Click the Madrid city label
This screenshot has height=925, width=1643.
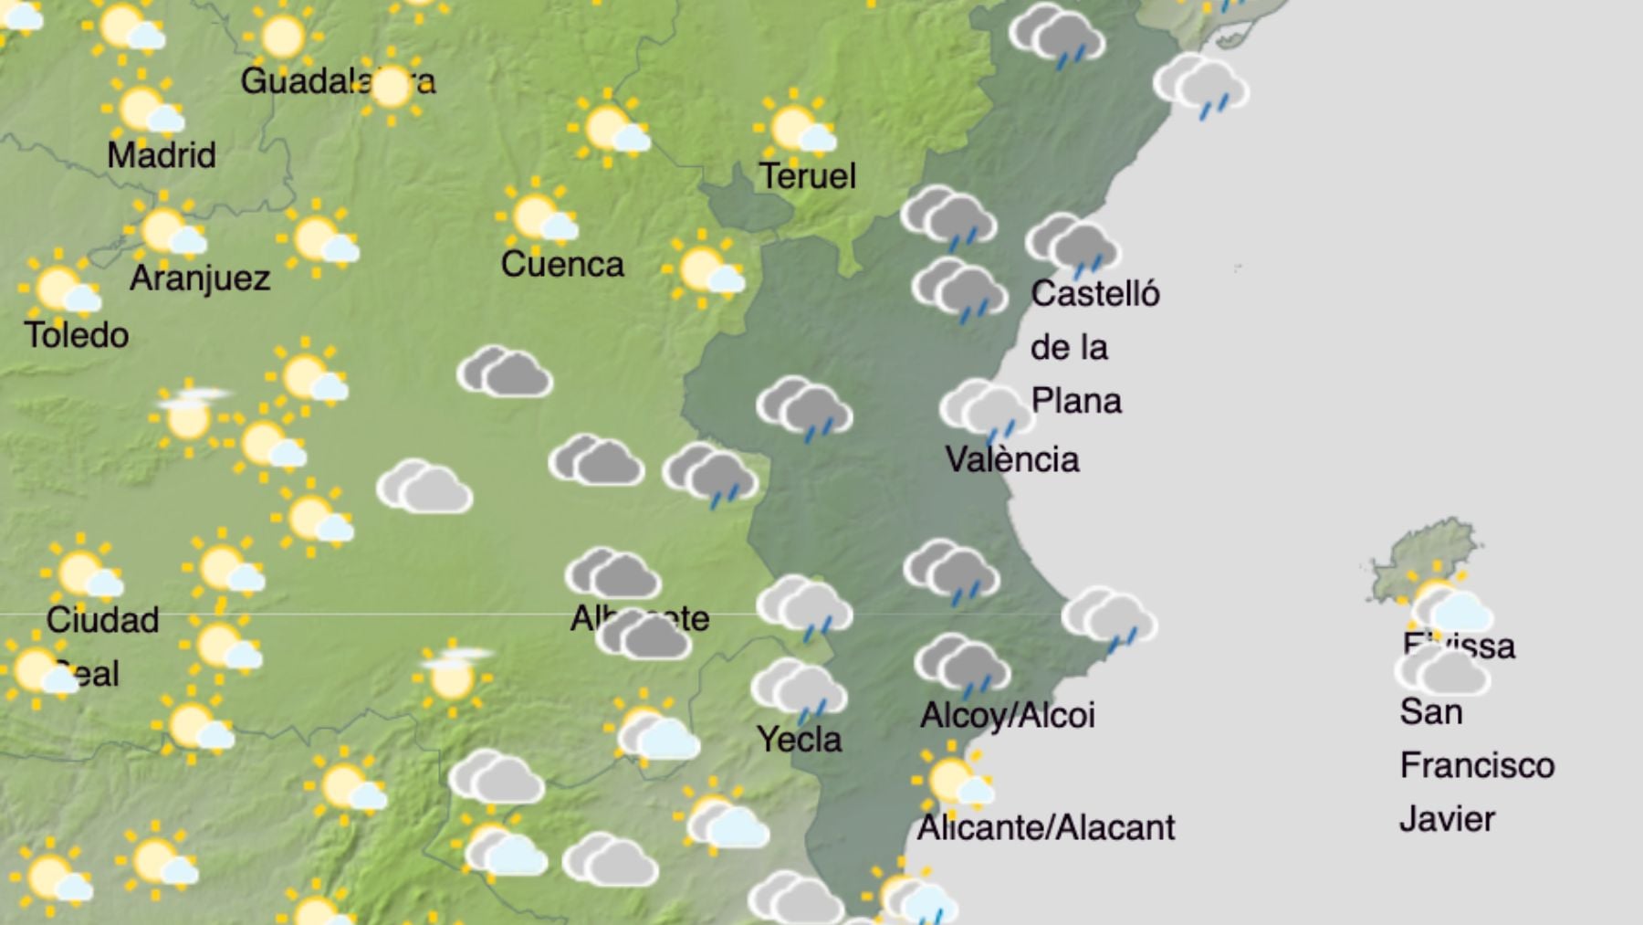tap(162, 155)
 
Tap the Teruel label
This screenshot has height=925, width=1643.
tap(808, 176)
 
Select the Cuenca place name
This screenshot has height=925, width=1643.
tap(562, 265)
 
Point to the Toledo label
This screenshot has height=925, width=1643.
tap(77, 335)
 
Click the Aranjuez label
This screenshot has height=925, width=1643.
tap(200, 278)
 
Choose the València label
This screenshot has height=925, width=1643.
tap(1012, 459)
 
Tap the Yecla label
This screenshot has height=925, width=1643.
tap(800, 740)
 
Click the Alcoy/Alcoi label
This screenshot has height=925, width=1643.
tap(1008, 716)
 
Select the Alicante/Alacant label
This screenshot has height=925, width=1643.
tap(1046, 828)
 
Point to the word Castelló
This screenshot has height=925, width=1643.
tap(1095, 294)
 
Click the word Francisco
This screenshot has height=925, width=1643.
tap(1477, 765)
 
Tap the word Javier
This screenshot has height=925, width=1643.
tap(1447, 819)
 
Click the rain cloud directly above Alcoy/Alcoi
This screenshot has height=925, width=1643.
tap(962, 664)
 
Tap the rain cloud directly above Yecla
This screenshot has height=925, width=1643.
tap(799, 689)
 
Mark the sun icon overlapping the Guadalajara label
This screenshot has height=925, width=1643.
tap(392, 88)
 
